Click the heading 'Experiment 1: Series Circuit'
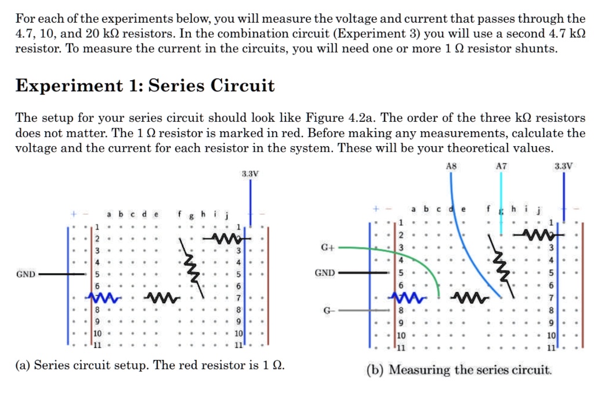click(x=144, y=86)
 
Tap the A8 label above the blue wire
click(x=452, y=166)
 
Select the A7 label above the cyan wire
click(x=502, y=166)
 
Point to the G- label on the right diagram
click(x=328, y=311)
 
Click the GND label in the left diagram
click(x=26, y=274)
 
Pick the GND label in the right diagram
click(x=324, y=273)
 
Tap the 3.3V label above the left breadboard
click(x=250, y=174)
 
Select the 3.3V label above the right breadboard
click(x=563, y=166)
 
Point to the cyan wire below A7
click(x=502, y=203)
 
